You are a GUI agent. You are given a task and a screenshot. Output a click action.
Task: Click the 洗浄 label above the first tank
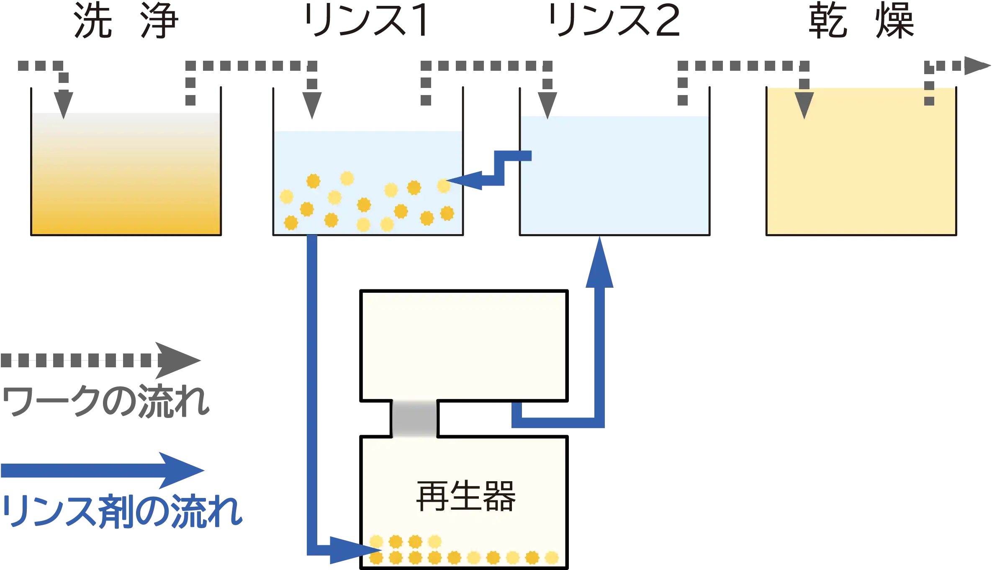tap(126, 20)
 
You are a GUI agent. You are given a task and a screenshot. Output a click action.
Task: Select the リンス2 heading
tap(615, 20)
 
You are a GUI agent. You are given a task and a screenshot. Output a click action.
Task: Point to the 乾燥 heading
tap(861, 20)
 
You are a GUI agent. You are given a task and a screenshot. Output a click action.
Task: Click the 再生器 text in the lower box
tap(466, 496)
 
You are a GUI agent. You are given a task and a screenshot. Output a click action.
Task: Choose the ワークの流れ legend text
tap(106, 401)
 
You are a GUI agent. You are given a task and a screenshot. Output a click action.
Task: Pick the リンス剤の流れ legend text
tap(122, 511)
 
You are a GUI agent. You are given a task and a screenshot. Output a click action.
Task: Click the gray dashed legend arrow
tap(101, 360)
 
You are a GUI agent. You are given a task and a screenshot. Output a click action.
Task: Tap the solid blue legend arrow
tap(103, 470)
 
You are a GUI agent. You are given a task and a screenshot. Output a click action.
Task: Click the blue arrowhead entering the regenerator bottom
tap(354, 550)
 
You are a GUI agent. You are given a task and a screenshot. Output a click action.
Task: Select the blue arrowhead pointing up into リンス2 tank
tap(599, 262)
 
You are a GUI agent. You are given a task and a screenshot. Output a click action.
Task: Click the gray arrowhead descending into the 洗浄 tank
tap(64, 105)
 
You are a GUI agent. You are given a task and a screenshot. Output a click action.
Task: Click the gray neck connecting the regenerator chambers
tap(414, 419)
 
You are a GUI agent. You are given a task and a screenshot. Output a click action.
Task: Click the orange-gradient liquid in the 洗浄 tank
tap(126, 173)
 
